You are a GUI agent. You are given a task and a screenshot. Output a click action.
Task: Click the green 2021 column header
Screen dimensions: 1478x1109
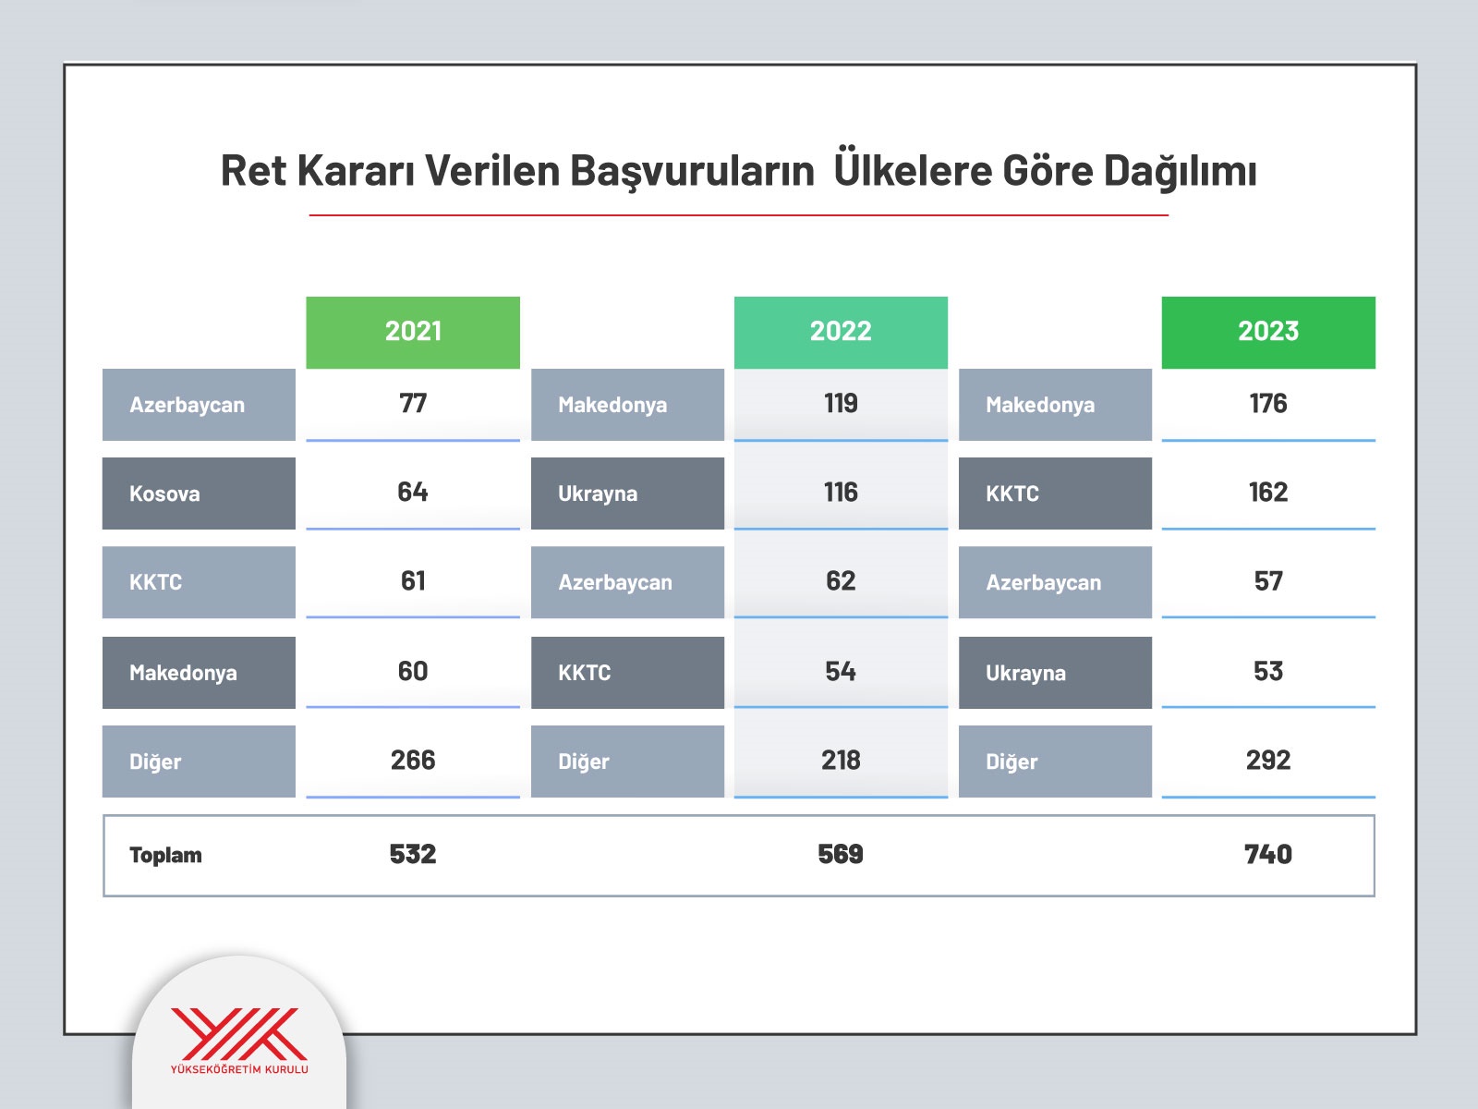pos(413,332)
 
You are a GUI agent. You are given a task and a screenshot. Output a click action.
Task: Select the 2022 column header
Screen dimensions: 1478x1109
pos(841,332)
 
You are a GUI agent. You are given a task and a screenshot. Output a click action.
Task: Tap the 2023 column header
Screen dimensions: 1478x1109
pos(1268,332)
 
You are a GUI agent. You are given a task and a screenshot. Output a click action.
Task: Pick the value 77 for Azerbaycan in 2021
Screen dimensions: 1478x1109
pos(413,403)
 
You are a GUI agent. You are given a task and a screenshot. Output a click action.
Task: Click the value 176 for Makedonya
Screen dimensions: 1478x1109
pos(1268,403)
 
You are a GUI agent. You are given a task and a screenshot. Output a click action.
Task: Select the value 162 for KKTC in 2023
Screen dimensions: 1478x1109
pos(1268,493)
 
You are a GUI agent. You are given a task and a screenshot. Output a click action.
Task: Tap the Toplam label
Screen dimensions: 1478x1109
pos(165,855)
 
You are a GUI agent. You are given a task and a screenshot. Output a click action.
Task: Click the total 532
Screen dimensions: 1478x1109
pos(413,855)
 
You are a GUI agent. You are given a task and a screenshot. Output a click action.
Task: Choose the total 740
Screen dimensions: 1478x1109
pos(1268,855)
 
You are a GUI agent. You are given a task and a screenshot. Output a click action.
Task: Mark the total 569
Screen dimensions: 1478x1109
pos(841,855)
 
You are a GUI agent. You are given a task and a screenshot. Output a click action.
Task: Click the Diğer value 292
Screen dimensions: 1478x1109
pos(1268,761)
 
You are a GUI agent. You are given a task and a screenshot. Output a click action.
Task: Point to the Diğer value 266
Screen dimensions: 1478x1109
pos(413,761)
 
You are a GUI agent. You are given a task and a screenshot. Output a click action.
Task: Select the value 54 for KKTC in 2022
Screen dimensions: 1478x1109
pos(841,671)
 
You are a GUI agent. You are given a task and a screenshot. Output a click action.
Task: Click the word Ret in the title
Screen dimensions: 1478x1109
pos(253,170)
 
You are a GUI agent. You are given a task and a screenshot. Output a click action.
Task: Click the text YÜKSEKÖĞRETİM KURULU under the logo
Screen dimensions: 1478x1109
pos(239,1069)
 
